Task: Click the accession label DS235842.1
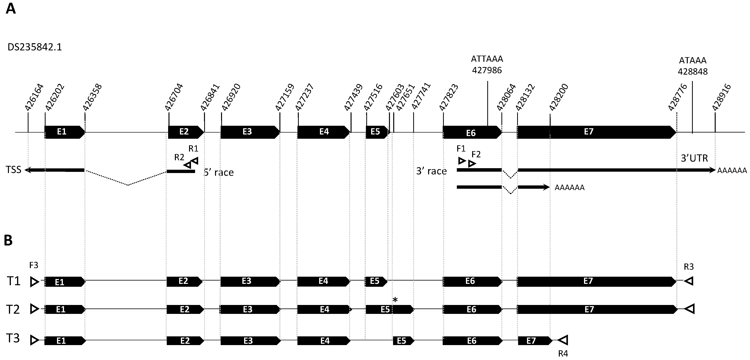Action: (x=35, y=47)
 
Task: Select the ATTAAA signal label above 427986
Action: (x=487, y=59)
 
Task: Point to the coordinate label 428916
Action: (x=721, y=97)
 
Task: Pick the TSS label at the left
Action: (x=13, y=170)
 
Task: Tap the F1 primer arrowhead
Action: (x=462, y=161)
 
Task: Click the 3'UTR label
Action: (x=694, y=158)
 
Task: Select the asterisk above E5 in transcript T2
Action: (x=395, y=300)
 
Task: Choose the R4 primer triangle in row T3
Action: (x=563, y=340)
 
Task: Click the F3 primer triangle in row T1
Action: (x=34, y=281)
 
